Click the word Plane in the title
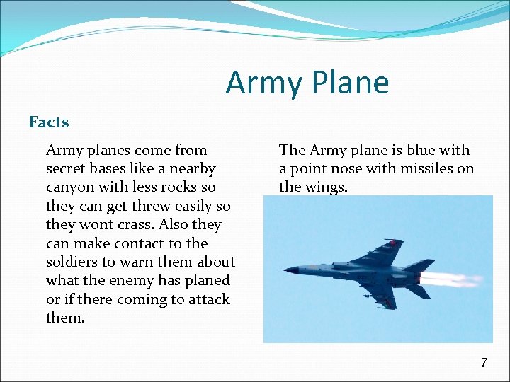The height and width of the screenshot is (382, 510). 348,83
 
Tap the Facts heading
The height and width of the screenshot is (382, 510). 49,122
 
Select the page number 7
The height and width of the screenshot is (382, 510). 484,363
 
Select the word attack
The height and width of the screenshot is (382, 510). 207,299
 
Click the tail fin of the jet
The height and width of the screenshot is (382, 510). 419,266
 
